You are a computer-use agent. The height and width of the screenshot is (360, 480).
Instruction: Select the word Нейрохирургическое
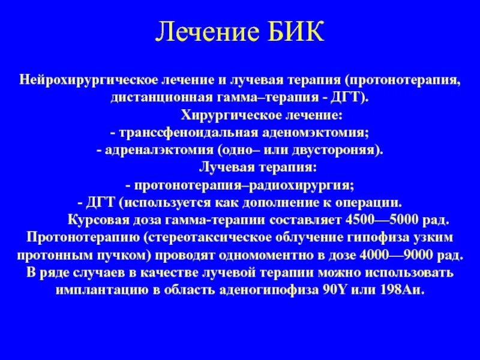click(80, 80)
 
